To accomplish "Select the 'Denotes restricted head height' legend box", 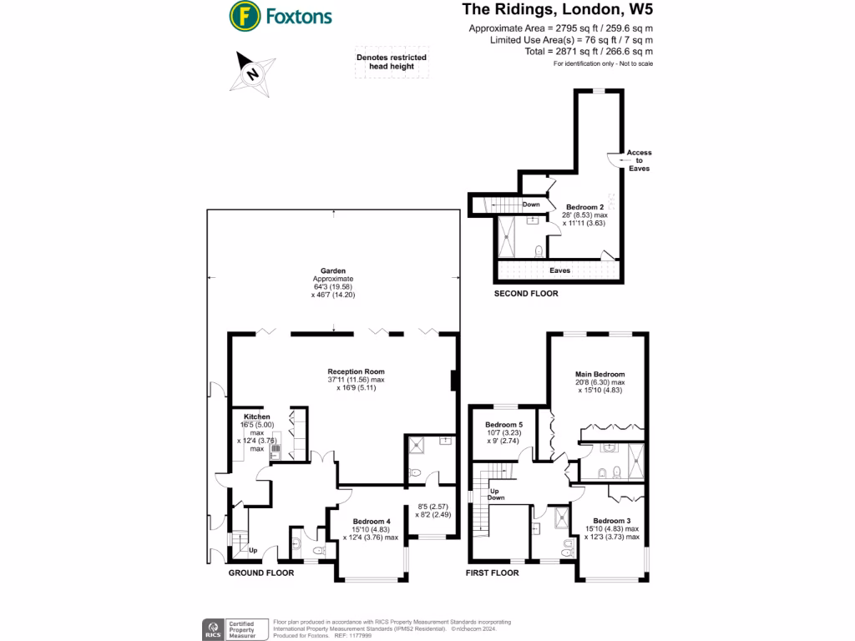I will click(x=391, y=62).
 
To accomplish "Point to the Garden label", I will click(x=333, y=270).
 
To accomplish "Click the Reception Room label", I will click(x=356, y=371).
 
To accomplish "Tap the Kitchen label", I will click(x=257, y=416).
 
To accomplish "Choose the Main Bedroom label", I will click(x=600, y=374).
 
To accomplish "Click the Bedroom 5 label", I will click(x=503, y=424).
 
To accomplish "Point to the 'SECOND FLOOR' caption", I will click(x=526, y=294).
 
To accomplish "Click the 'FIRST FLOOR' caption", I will click(x=493, y=573).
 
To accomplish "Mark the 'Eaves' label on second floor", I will click(x=559, y=270).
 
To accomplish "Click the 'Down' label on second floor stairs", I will click(x=531, y=204).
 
